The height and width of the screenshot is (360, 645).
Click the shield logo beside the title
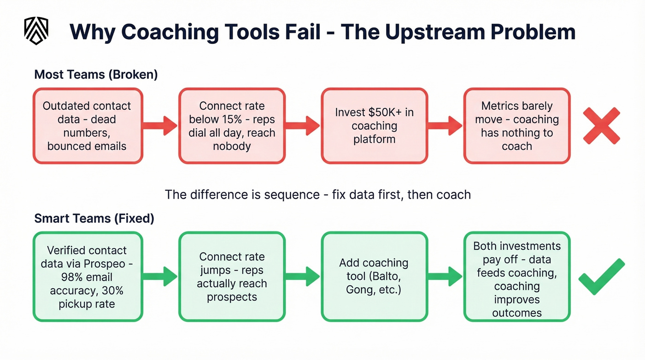[x=36, y=31]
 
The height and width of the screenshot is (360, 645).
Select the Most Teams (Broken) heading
[x=96, y=75]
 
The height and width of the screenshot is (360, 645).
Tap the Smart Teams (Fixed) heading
[x=94, y=218]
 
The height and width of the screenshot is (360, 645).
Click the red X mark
[x=601, y=126]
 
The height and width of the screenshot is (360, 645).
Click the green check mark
[x=602, y=277]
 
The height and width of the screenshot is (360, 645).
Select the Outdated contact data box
[x=88, y=126]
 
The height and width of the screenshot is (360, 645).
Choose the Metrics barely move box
[x=516, y=126]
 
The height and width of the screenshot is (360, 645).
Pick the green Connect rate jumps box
[x=232, y=277]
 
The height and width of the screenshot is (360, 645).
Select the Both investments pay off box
[x=516, y=277]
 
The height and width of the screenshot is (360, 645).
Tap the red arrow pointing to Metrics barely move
[x=445, y=125]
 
